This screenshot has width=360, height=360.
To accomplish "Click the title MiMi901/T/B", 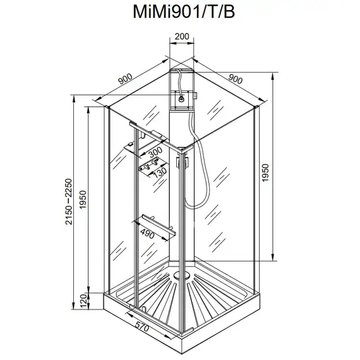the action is point(184,12).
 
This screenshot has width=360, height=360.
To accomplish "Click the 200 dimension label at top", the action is point(182,37).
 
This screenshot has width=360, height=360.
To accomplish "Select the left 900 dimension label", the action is point(125,79).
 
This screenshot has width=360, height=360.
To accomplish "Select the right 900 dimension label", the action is point(236,79).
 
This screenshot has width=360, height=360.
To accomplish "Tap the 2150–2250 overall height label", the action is point(69,201).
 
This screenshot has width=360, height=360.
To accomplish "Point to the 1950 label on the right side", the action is point(265,172).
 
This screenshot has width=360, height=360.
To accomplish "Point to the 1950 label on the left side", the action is point(83,200).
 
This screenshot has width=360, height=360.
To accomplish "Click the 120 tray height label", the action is point(83,301).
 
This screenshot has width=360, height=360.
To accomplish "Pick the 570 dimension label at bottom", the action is point(142,327).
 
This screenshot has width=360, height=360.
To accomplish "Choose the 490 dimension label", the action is point(147,234).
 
